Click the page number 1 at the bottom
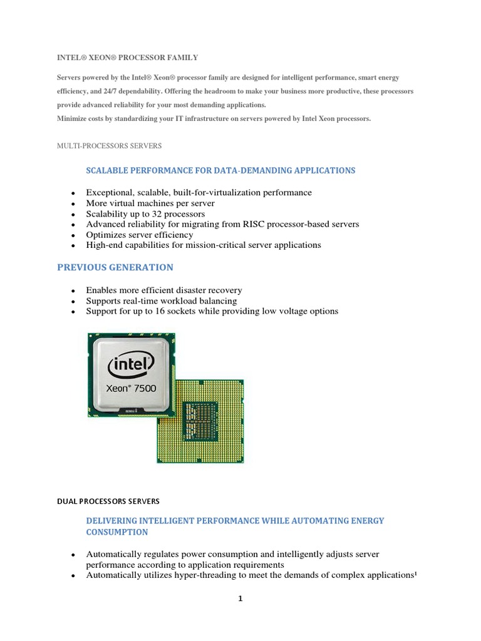(x=240, y=598)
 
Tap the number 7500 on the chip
(x=143, y=389)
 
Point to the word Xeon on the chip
(x=119, y=389)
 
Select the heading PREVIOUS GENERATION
(x=115, y=267)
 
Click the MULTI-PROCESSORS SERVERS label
(x=109, y=146)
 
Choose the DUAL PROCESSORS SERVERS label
(x=108, y=501)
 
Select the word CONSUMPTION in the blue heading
(x=117, y=532)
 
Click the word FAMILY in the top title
(x=182, y=58)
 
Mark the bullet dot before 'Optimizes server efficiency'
(x=73, y=235)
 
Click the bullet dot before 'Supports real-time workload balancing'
(x=73, y=302)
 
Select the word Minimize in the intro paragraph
(x=73, y=118)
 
